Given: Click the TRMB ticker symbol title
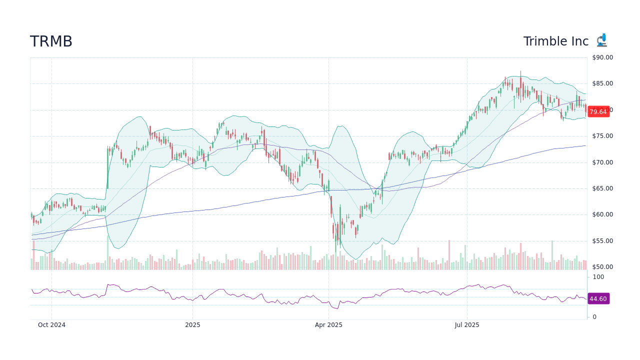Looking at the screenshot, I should click(x=51, y=41).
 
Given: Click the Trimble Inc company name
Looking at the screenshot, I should click(x=556, y=41).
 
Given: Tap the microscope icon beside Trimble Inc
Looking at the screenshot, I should click(x=601, y=40).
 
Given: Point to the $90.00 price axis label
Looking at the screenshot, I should click(x=602, y=57).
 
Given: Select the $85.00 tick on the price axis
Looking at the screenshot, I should click(x=602, y=83).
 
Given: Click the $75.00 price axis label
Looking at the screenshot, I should click(x=602, y=136).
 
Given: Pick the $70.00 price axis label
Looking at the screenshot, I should click(x=602, y=162).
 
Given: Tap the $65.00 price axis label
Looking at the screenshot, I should click(x=602, y=188).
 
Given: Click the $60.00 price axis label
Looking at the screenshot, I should click(x=602, y=215).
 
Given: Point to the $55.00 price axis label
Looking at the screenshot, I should click(x=602, y=241).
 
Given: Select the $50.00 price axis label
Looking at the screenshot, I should click(x=602, y=267).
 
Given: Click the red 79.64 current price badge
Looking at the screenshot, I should click(x=598, y=112).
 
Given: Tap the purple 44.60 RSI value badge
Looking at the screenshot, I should click(x=598, y=299).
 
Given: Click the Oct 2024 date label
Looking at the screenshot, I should click(x=51, y=325).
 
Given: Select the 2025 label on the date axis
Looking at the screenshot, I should click(x=192, y=325).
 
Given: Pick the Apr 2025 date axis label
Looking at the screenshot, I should click(x=328, y=325).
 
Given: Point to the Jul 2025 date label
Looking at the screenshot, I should click(x=467, y=325).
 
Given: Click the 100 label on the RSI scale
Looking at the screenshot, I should click(x=598, y=277).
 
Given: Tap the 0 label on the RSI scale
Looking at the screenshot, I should click(x=594, y=317).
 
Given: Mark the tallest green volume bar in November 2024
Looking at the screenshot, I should click(x=107, y=253).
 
